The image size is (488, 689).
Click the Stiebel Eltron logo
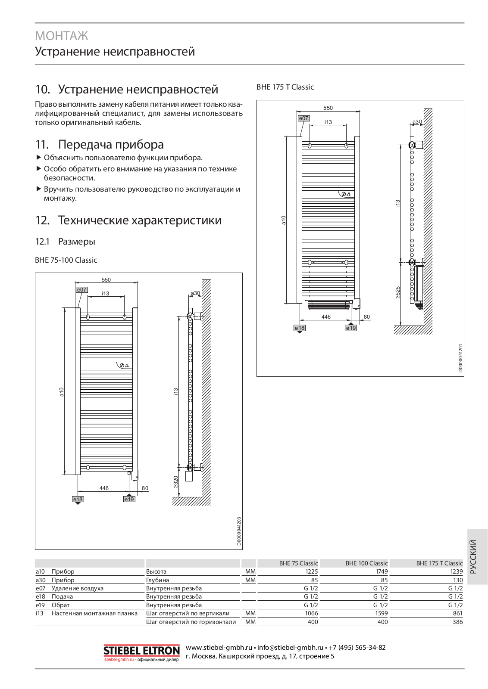pos(141,651)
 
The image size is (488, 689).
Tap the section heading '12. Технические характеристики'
pos(128,220)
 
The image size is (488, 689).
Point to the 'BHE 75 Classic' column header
pos(298,563)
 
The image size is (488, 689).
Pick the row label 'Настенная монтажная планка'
pos(94,613)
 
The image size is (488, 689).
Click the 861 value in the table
pos(457,613)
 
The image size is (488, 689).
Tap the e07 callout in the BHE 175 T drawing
pos(303,118)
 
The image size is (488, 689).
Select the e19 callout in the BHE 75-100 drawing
pos(129,499)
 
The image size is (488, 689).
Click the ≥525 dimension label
pos(397,292)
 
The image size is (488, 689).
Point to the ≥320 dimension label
pos(175,482)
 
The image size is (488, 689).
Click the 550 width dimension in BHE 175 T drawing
pos(328,108)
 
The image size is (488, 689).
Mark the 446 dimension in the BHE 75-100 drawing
pos(104,488)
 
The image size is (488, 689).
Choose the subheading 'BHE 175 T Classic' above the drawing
pos(285,87)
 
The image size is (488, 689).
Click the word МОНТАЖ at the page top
pos(62,36)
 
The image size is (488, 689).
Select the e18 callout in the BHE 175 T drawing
pos(299,328)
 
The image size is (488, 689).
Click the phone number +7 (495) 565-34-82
pos(357,647)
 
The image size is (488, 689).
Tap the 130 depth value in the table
pos(458,580)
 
